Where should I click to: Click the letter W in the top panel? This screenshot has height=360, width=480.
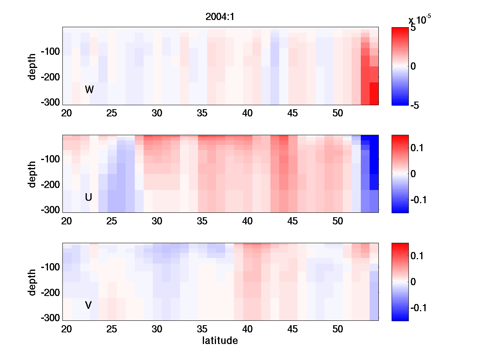[89, 90]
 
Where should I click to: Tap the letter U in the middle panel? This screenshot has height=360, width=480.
[89, 197]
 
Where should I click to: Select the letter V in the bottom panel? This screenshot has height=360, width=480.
[88, 305]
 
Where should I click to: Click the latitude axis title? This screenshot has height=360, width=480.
[220, 341]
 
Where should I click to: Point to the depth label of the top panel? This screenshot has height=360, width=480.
[32, 66]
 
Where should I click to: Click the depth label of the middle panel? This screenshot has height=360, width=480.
[32, 174]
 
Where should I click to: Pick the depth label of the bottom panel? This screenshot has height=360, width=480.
[32, 282]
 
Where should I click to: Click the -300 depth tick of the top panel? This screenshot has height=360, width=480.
[50, 102]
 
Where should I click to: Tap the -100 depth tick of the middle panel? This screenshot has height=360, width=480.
[50, 159]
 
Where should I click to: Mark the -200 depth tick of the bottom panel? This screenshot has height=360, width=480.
[50, 293]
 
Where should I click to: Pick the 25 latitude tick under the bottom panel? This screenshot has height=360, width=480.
[112, 329]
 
